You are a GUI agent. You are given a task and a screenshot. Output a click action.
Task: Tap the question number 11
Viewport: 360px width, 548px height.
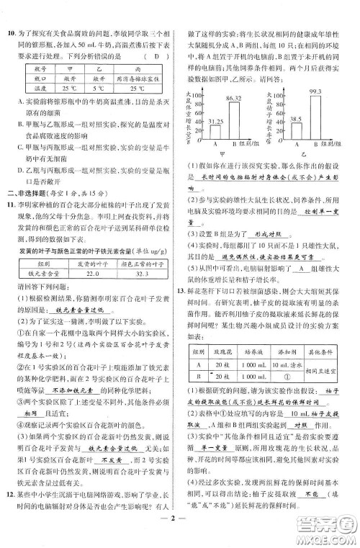tap(12, 215)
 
